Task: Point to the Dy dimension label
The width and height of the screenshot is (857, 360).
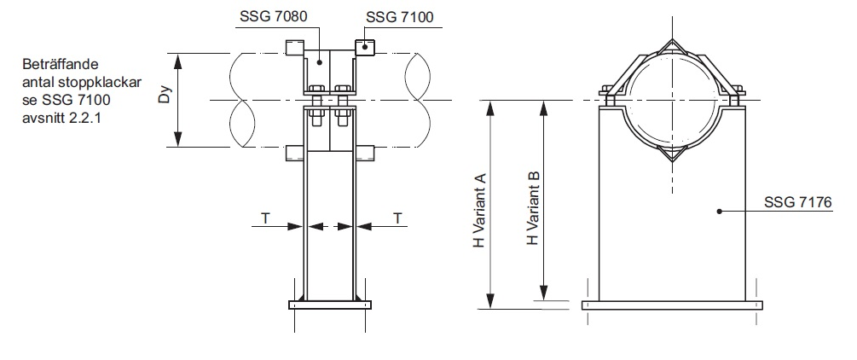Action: [168, 100]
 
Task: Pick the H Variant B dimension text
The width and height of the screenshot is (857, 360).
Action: [532, 209]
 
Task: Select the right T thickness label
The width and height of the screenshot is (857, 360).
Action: [397, 218]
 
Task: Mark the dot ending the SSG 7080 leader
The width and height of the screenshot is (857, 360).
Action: [320, 61]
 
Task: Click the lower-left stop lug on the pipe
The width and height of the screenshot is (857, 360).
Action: [294, 152]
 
